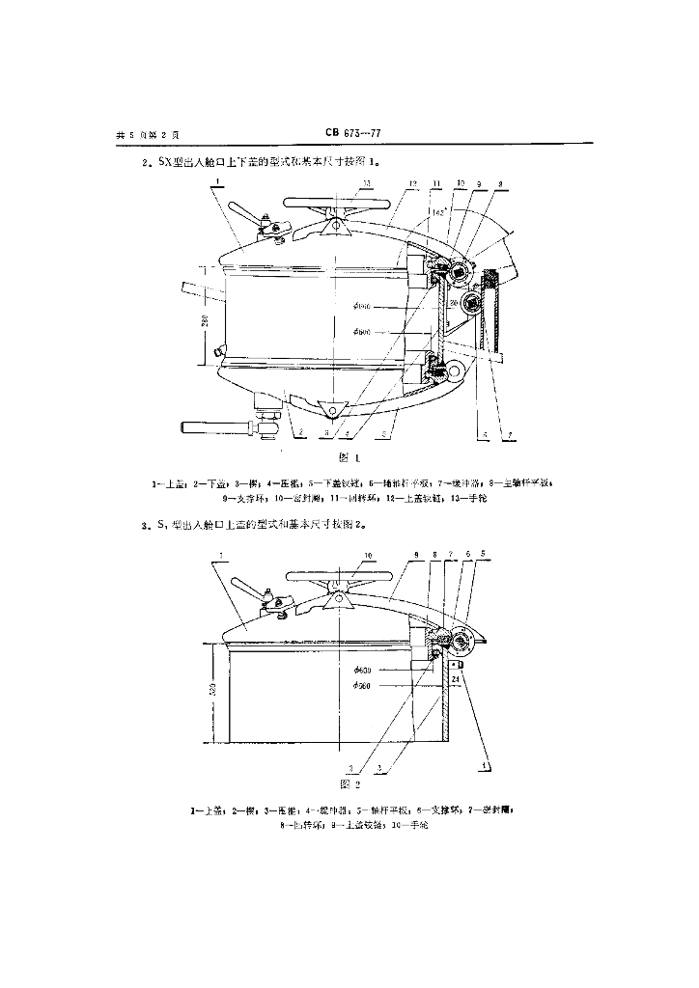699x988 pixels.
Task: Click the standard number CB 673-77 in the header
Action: pos(354,135)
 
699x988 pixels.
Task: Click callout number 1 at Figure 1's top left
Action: pos(218,180)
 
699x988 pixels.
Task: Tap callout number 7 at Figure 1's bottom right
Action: pos(509,436)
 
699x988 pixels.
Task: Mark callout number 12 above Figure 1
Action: pos(412,182)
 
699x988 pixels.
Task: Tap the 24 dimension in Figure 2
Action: pos(455,679)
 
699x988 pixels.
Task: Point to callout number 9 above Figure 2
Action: pos(415,557)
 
